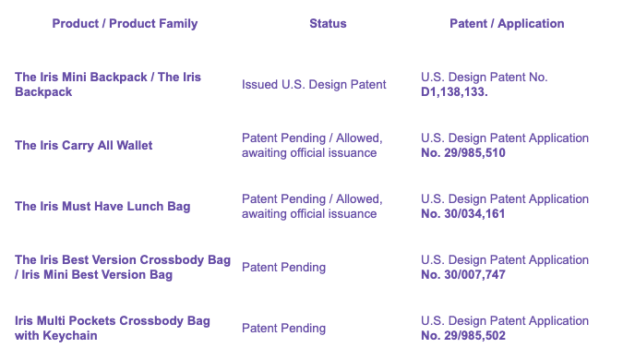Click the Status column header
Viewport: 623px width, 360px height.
click(328, 23)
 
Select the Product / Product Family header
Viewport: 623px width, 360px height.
click(125, 24)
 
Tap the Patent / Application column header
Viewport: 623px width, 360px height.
click(507, 24)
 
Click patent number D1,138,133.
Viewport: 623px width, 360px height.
click(454, 91)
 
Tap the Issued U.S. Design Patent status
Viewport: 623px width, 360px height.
click(314, 85)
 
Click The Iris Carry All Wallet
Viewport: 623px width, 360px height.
click(83, 146)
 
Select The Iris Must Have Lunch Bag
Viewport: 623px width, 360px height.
click(102, 206)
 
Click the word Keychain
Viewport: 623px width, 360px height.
click(70, 336)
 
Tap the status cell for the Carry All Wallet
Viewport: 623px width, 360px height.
click(312, 146)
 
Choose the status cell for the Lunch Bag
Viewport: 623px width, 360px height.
click(312, 206)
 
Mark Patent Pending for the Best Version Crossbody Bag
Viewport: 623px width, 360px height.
click(283, 268)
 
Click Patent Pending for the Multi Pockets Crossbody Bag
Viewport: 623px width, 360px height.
click(283, 329)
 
